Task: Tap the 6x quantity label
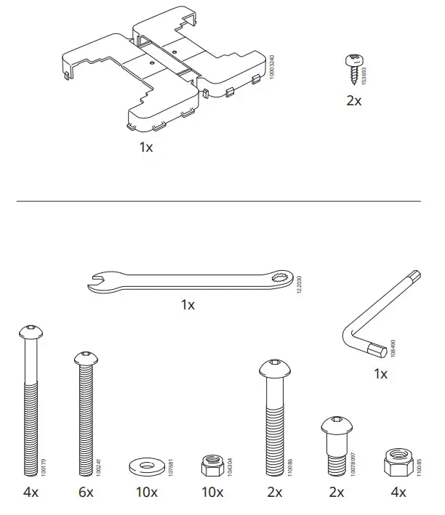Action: pos(86,492)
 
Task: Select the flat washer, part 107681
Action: pos(146,465)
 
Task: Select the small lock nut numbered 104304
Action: pos(211,463)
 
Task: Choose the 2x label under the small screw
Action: pos(353,101)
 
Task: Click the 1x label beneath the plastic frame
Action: pos(146,147)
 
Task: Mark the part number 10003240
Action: pos(271,66)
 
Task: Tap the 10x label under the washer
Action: pos(146,492)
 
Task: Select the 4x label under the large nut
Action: pos(398,492)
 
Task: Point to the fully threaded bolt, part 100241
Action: pos(86,414)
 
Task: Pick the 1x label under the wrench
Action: pos(188,305)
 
